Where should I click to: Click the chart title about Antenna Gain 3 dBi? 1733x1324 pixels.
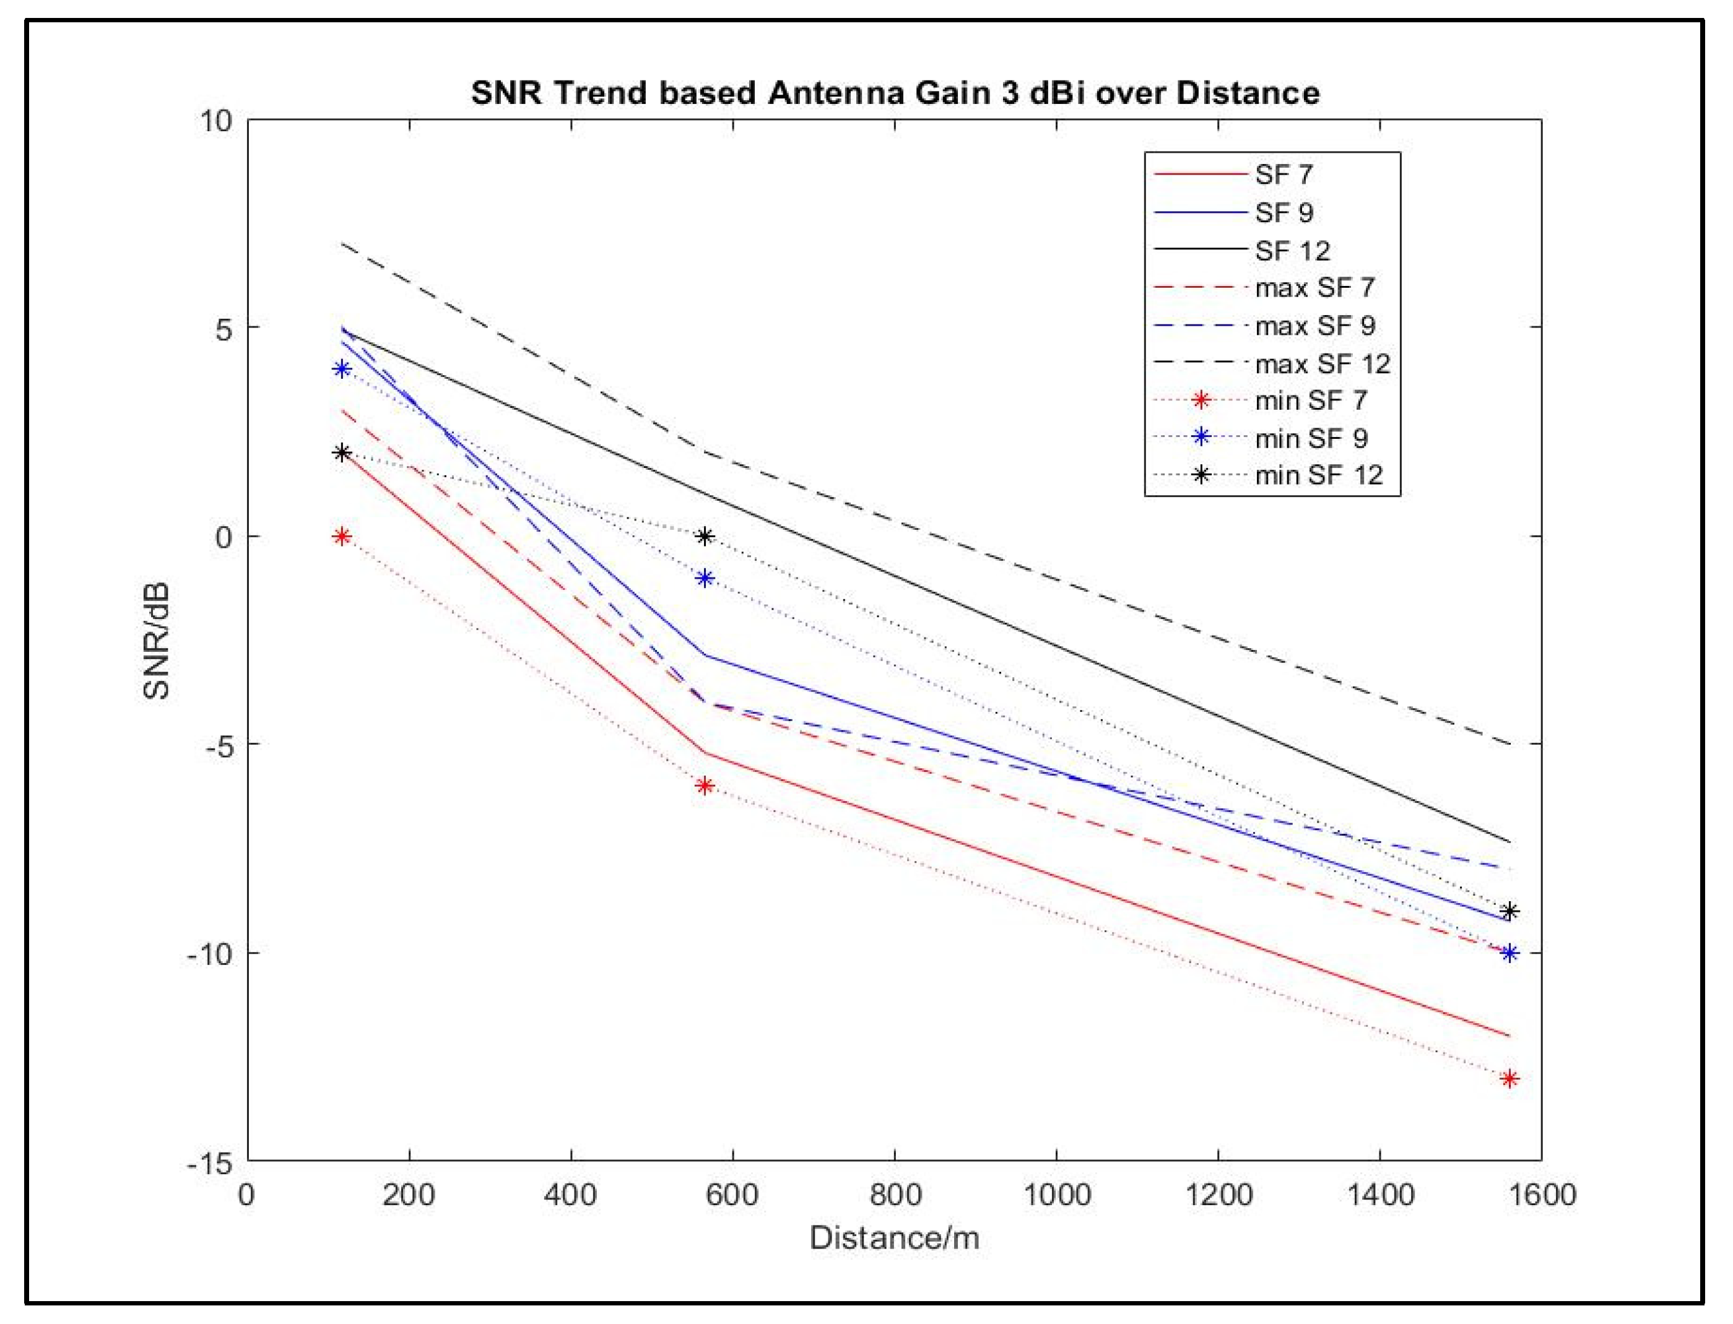[895, 93]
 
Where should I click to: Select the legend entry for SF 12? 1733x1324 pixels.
[1292, 251]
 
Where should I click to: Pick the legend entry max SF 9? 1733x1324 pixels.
[1314, 326]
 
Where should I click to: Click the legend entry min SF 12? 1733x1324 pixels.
[1318, 475]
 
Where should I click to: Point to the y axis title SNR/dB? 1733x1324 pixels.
[158, 641]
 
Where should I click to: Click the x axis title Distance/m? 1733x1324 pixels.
[895, 1238]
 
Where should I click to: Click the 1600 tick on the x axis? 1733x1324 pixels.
[1540, 1195]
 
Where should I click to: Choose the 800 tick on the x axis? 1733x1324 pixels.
[895, 1195]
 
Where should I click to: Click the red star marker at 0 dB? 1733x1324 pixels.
[341, 537]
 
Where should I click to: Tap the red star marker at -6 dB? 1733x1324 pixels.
[705, 785]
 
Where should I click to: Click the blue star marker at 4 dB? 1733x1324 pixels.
[341, 369]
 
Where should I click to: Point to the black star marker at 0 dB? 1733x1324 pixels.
[705, 537]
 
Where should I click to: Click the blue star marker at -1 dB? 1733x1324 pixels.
[705, 579]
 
